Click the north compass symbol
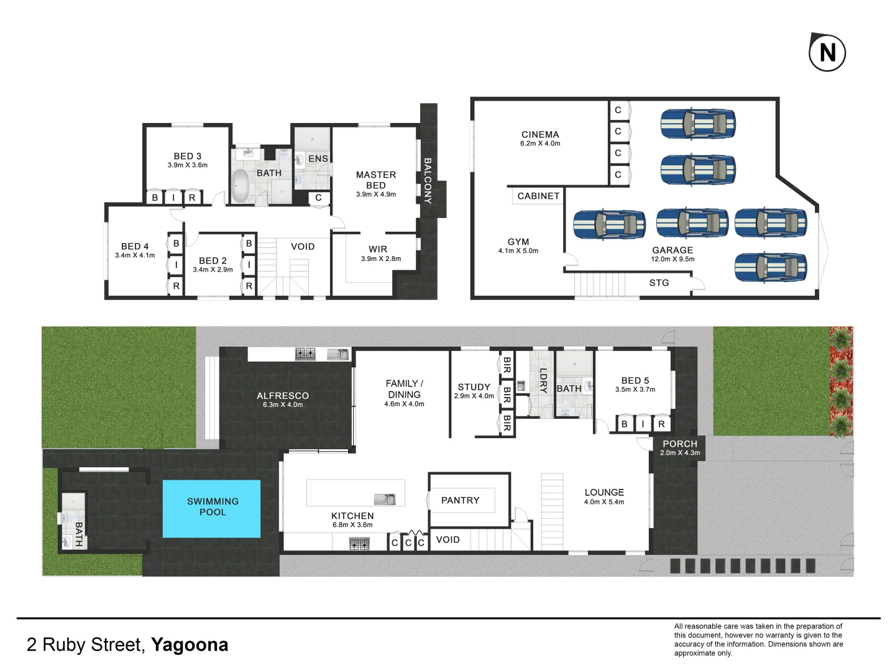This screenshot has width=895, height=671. click(827, 52)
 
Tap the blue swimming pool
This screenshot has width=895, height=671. click(211, 508)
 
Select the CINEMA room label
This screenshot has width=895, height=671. click(540, 134)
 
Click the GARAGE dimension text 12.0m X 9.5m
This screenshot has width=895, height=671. click(672, 259)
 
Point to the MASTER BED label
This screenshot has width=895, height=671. click(376, 180)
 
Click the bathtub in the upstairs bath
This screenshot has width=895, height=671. click(241, 186)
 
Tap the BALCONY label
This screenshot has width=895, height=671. click(428, 181)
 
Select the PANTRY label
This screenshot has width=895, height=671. click(460, 500)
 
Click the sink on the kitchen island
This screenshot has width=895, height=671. click(385, 499)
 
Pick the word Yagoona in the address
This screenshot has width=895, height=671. click(190, 645)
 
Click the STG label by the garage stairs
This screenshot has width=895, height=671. click(659, 283)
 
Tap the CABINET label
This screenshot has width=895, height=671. click(538, 196)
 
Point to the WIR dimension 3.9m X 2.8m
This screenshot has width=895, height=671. click(381, 259)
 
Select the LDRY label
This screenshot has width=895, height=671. click(543, 381)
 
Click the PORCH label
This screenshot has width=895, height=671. click(680, 444)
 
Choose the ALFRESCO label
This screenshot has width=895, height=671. click(283, 396)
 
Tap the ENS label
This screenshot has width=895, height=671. click(318, 158)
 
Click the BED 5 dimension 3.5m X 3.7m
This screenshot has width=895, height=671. click(635, 390)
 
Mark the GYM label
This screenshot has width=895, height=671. click(518, 242)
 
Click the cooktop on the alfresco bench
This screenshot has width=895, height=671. click(305, 354)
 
